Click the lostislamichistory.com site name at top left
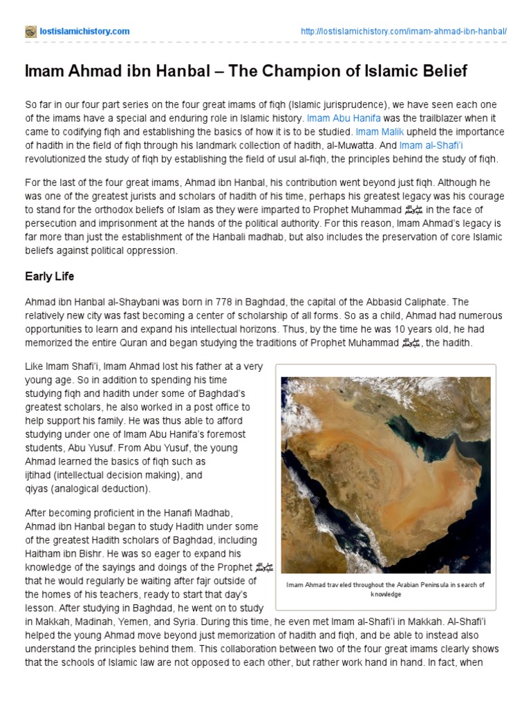(84, 32)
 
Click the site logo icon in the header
(30, 32)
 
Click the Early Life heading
(49, 277)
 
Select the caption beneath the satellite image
(386, 589)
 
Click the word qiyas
(39, 488)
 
